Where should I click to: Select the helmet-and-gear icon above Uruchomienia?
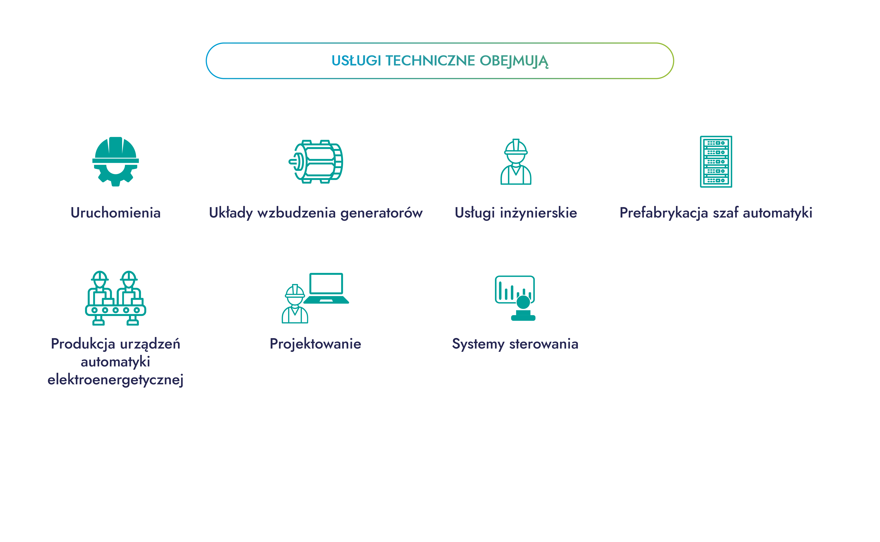115,161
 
